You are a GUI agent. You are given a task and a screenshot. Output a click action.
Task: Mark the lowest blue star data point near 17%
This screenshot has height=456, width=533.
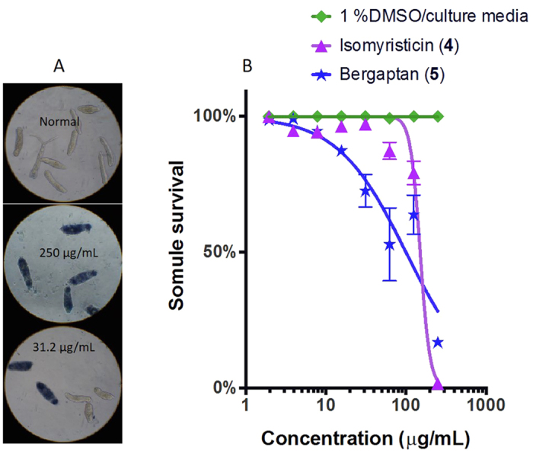pos(438,343)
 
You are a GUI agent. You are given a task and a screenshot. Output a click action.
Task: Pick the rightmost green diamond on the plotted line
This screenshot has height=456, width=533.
pos(438,116)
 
